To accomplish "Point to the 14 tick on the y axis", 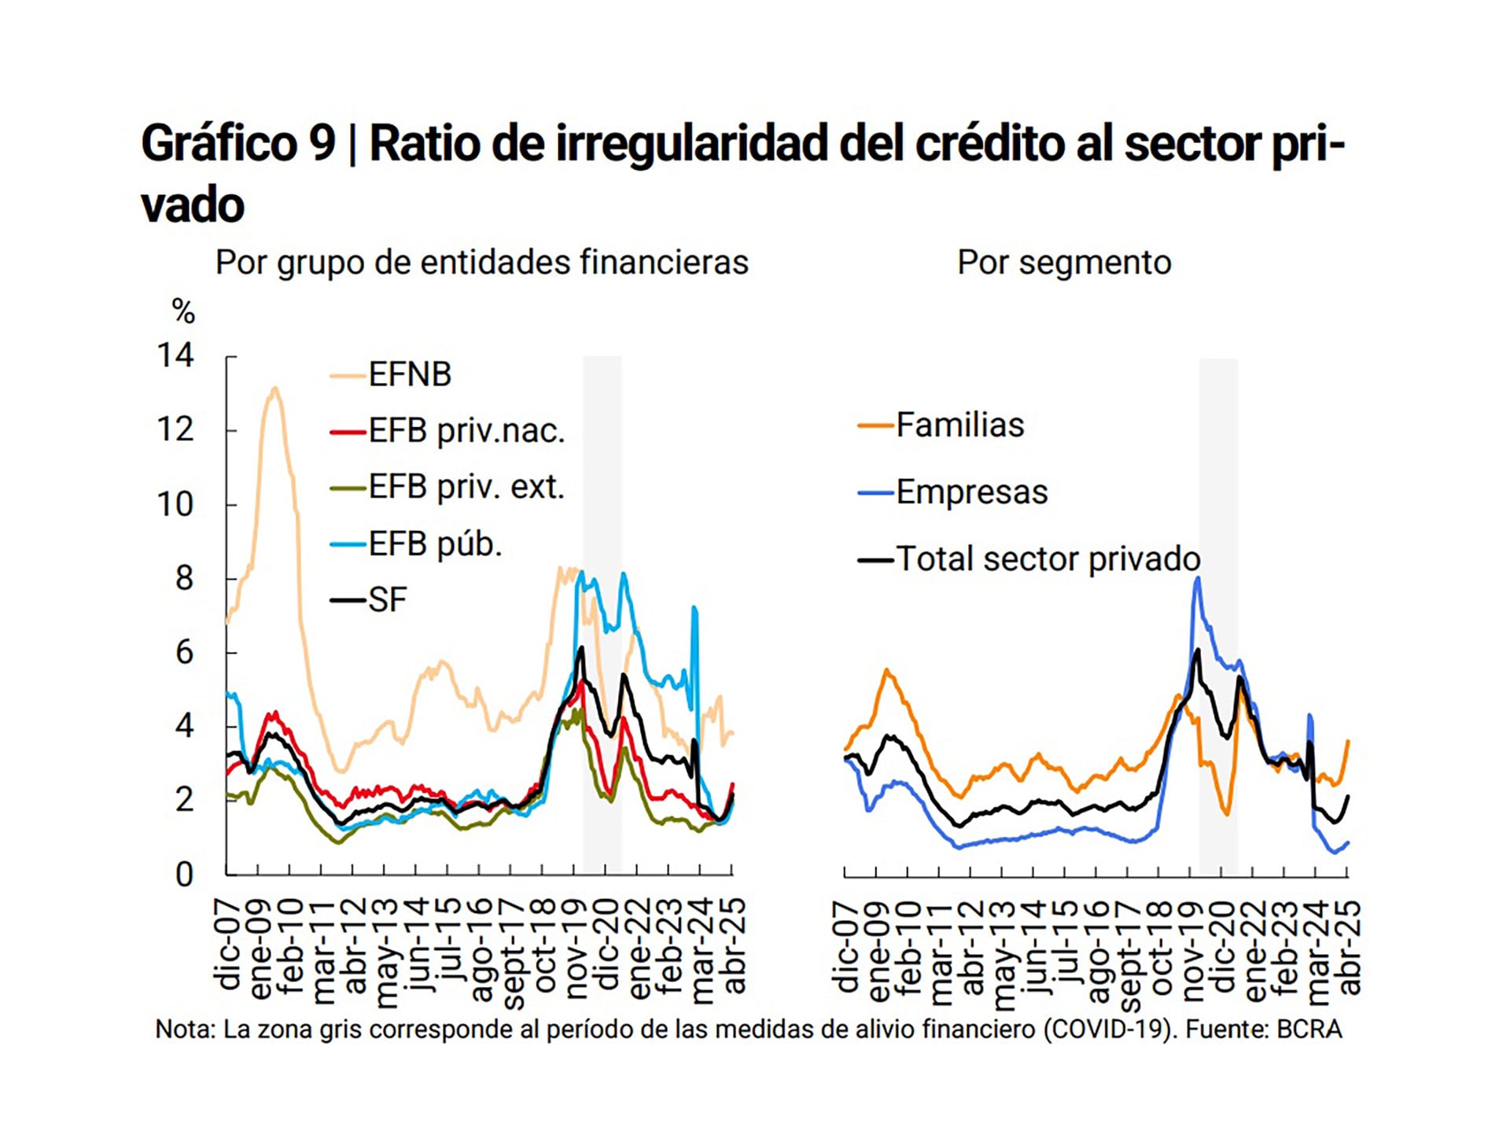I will tap(175, 355).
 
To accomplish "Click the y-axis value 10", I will tap(175, 504).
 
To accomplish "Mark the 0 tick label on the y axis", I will tap(184, 874).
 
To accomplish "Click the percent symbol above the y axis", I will tap(183, 312).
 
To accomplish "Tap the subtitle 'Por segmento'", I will tap(1064, 262).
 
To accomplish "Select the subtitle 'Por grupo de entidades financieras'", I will tap(481, 262).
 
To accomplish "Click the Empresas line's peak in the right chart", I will tap(1197, 578).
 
